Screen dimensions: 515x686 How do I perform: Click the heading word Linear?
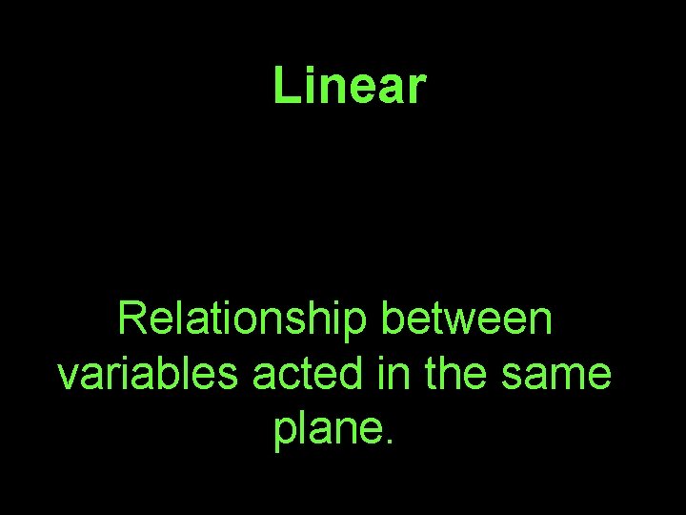click(x=348, y=86)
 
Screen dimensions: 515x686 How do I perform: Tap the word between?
click(x=466, y=320)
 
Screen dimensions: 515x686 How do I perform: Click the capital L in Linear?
click(x=284, y=86)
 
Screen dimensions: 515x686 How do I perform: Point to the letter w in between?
click(x=455, y=323)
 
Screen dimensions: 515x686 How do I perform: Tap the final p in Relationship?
click(x=356, y=325)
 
